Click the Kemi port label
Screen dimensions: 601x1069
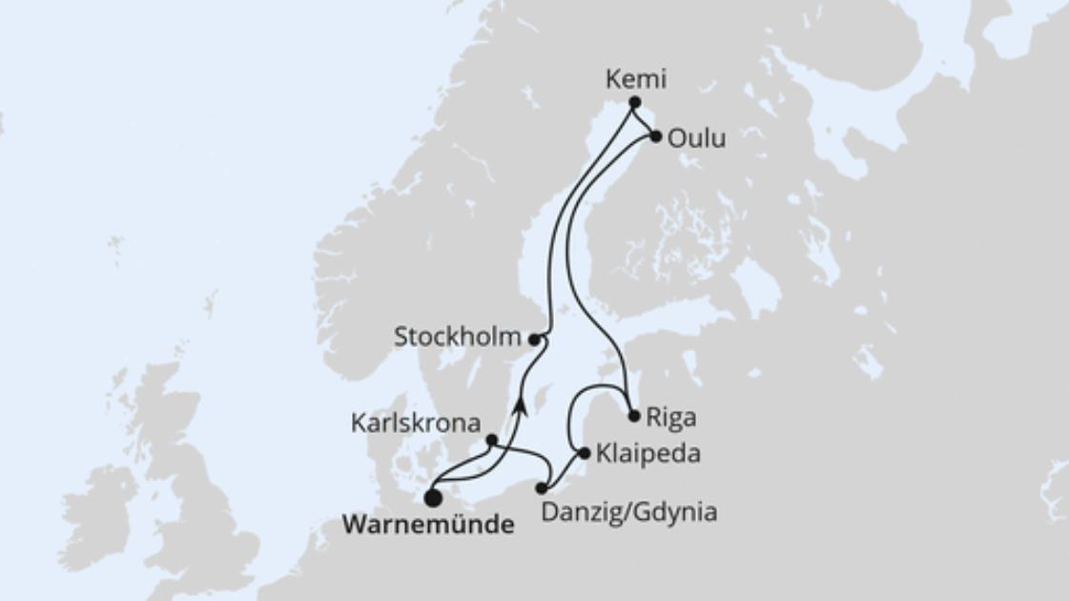tap(636, 79)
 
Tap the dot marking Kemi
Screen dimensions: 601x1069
tap(634, 102)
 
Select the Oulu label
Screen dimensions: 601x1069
tap(696, 138)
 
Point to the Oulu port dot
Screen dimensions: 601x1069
tap(656, 136)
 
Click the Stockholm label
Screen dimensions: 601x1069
tap(458, 337)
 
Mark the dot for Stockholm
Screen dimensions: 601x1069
tap(535, 339)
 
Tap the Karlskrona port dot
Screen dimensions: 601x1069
tap(491, 440)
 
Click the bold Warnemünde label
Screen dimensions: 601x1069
tap(427, 524)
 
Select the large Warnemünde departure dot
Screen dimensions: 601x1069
tap(433, 497)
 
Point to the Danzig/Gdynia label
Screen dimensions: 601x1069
tap(628, 512)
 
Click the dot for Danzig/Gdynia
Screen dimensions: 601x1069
tap(542, 488)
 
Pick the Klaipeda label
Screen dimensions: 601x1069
tap(648, 454)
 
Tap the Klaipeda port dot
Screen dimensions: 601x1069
tap(585, 454)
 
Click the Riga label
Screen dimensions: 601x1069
tap(671, 417)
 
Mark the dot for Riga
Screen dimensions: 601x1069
tap(634, 416)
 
